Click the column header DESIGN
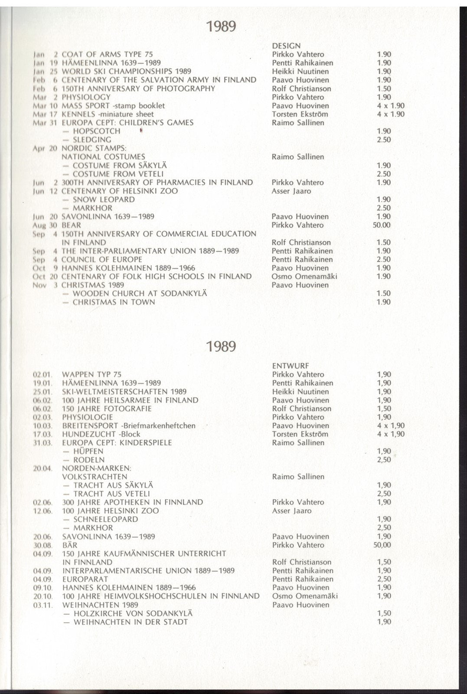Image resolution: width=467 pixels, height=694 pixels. tap(286, 46)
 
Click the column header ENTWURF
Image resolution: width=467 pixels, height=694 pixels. tap(291, 366)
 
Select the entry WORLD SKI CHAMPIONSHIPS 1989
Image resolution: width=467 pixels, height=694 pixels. tap(126, 72)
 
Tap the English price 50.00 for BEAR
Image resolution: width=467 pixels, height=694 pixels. tap(382, 225)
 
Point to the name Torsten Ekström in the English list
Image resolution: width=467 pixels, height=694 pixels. tap(300, 114)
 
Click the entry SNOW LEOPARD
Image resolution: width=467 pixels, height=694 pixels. tap(104, 200)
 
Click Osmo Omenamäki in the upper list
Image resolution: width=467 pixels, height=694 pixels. tap(304, 276)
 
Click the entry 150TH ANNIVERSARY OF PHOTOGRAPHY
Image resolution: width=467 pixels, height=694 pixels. tap(138, 88)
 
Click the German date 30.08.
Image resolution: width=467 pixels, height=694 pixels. tap(43, 545)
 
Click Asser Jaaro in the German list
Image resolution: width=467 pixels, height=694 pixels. tap(291, 511)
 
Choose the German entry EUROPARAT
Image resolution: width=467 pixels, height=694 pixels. tap(85, 579)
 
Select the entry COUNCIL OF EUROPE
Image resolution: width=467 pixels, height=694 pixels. tap(101, 259)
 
